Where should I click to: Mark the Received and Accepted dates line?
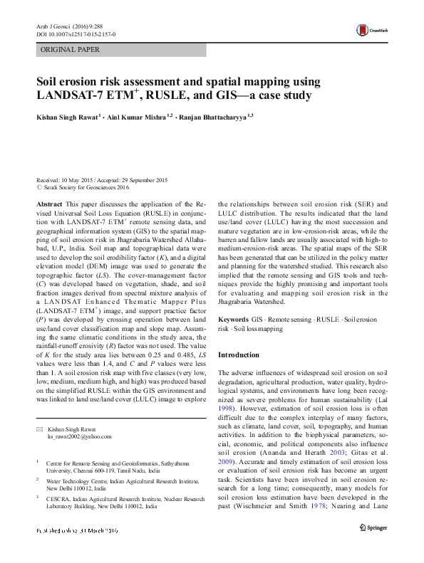tap(102, 180)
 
